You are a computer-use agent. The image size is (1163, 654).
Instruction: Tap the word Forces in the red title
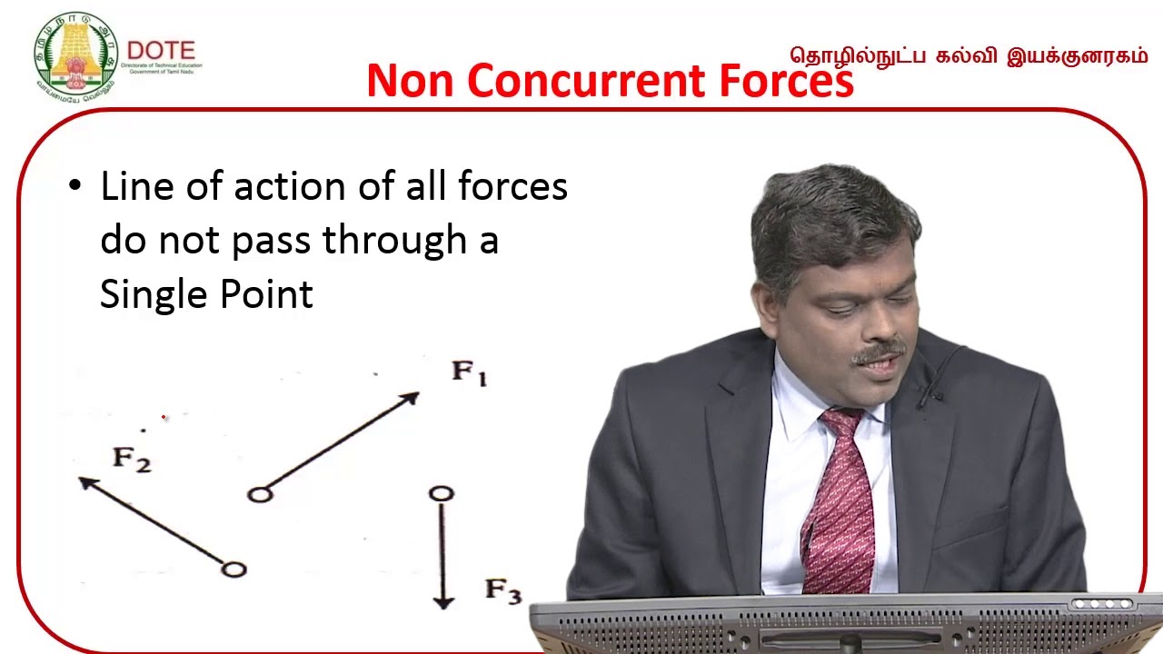coord(787,81)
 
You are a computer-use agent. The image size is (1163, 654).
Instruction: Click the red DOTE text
coord(161,50)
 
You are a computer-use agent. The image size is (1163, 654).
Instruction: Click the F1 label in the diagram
coord(469,373)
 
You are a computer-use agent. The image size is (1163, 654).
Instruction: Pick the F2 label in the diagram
coord(132,460)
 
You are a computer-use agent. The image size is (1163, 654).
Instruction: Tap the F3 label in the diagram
coord(502,591)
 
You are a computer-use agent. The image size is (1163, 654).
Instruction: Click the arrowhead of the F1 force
coord(412,397)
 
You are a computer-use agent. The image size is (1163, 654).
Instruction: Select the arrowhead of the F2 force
coord(87,482)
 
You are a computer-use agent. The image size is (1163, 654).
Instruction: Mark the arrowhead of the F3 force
coord(442,601)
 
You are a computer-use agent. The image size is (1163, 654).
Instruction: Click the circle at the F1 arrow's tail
coord(260,494)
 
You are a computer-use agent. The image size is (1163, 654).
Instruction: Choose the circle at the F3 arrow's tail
coord(442,493)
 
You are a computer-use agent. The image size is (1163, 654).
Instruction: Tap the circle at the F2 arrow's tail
coord(234,570)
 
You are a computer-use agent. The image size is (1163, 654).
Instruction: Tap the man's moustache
coord(878,351)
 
